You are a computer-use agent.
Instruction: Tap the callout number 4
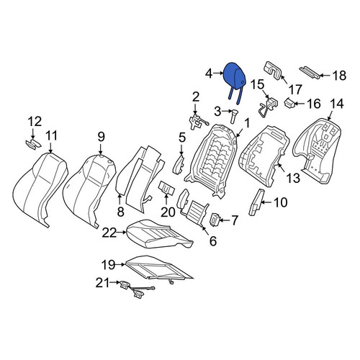coord(210,73)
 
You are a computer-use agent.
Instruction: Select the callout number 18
coord(339,76)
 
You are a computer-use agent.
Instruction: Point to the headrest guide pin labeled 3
coord(233,116)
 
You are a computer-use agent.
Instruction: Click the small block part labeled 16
coord(289,104)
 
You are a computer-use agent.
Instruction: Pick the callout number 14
coord(337,104)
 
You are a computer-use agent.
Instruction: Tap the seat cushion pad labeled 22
coord(160,234)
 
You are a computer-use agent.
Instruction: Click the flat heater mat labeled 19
coord(158,268)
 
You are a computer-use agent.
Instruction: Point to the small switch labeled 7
coord(214,220)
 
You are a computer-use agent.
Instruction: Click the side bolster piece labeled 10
coord(256,202)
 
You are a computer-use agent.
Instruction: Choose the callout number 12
coord(35,122)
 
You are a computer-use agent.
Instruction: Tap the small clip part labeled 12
coord(33,145)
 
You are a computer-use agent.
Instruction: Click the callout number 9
coord(101,137)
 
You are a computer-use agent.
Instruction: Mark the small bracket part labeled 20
coord(166,187)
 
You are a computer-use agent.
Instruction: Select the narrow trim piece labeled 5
coord(179,163)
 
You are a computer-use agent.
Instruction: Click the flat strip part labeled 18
coord(310,72)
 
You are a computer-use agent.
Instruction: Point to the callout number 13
coord(293,178)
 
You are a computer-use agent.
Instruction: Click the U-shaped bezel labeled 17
coord(274,70)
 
